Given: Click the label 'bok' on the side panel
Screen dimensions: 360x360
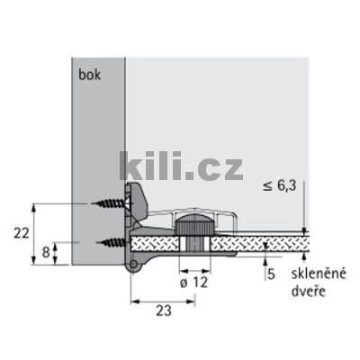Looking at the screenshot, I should coord(90,76).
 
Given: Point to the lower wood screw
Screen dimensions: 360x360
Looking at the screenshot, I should coord(112,240).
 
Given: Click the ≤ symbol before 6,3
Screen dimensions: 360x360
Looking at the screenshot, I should coord(268,186).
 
